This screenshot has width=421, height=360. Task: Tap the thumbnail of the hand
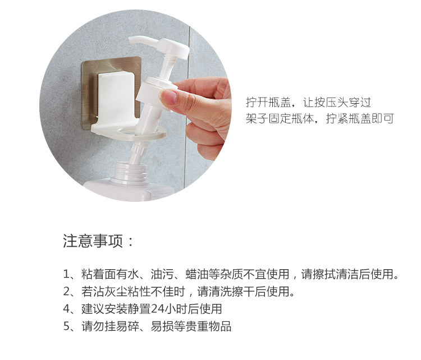(x=168, y=96)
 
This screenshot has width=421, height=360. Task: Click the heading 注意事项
(x=93, y=241)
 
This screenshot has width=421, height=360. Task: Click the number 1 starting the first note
(x=66, y=274)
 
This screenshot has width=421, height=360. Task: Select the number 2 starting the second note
(x=67, y=292)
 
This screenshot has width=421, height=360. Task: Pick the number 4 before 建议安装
(x=67, y=309)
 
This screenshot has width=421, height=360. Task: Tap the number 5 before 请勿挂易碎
(x=67, y=326)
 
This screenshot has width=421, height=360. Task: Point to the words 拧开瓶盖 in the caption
(x=268, y=102)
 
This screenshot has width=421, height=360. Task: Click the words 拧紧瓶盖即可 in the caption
(x=360, y=118)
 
